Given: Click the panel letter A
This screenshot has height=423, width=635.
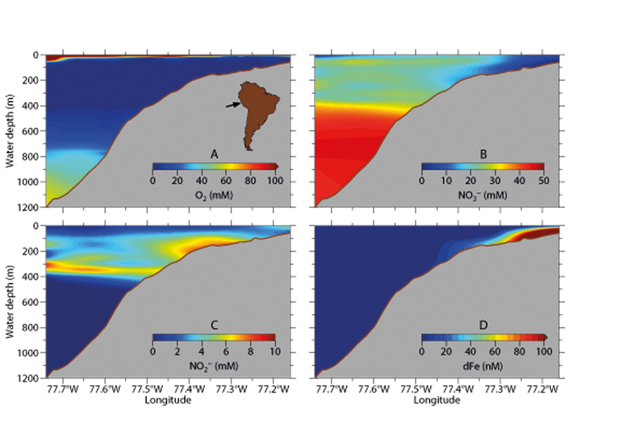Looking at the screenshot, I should pyautogui.click(x=214, y=154).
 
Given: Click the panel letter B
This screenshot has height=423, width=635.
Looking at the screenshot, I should pyautogui.click(x=483, y=154).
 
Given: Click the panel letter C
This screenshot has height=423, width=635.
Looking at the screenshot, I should pyautogui.click(x=214, y=325).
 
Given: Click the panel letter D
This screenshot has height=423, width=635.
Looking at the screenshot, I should pyautogui.click(x=483, y=325).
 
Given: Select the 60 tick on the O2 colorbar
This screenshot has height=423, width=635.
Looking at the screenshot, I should pyautogui.click(x=226, y=181).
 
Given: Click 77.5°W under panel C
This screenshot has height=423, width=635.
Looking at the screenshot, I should pyautogui.click(x=147, y=389).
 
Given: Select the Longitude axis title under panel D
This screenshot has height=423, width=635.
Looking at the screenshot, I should pyautogui.click(x=437, y=400).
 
